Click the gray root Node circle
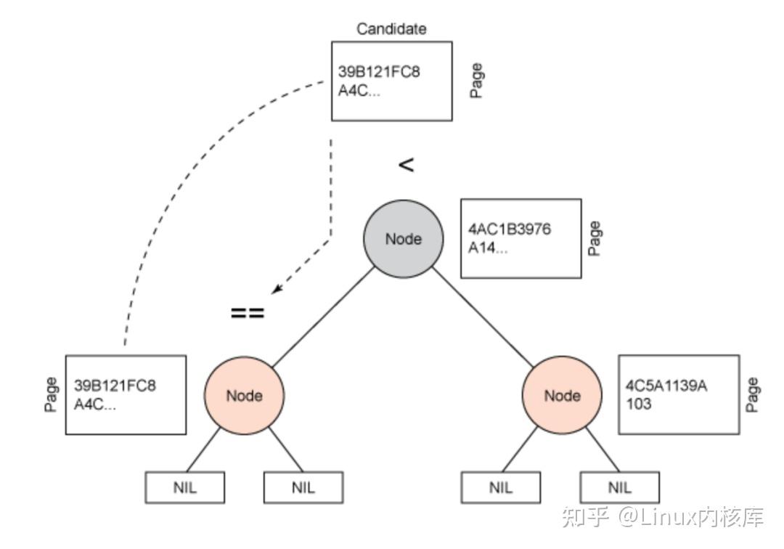tap(403, 239)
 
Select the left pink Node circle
tap(244, 396)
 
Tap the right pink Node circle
tap(562, 396)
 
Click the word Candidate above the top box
tap(391, 29)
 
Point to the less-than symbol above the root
tap(406, 165)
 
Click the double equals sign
tap(248, 314)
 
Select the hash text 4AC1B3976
tap(509, 229)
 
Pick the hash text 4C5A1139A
tap(666, 386)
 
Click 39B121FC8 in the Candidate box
tap(379, 72)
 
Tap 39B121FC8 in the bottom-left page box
tap(115, 386)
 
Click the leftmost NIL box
tap(185, 487)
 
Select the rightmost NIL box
tap(619, 487)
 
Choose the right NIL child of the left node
tap(303, 487)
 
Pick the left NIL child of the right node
tap(500, 487)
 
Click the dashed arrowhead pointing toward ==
tap(277, 290)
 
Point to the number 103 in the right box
tap(638, 404)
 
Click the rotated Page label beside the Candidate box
tap(476, 81)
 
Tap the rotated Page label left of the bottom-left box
tap(51, 394)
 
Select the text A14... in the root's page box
tap(487, 248)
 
